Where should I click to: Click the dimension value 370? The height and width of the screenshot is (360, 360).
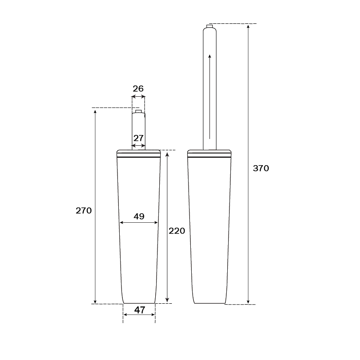pos(261,168)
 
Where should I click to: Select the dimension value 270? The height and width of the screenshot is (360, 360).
pos(84,210)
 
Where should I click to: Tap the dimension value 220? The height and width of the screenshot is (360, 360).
pos(177,231)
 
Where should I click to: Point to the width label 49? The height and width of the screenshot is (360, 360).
pos(139,216)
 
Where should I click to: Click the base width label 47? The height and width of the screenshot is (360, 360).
pos(139,310)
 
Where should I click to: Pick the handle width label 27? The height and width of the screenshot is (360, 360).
pos(138,138)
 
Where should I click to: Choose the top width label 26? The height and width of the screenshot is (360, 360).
pos(138,89)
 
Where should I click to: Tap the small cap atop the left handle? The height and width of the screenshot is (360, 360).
pos(139,111)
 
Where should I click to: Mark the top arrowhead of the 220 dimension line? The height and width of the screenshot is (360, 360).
pos(167,155)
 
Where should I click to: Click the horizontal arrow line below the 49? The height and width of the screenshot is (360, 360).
pos(139,222)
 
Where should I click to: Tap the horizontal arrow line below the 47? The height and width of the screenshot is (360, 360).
pos(139,315)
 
